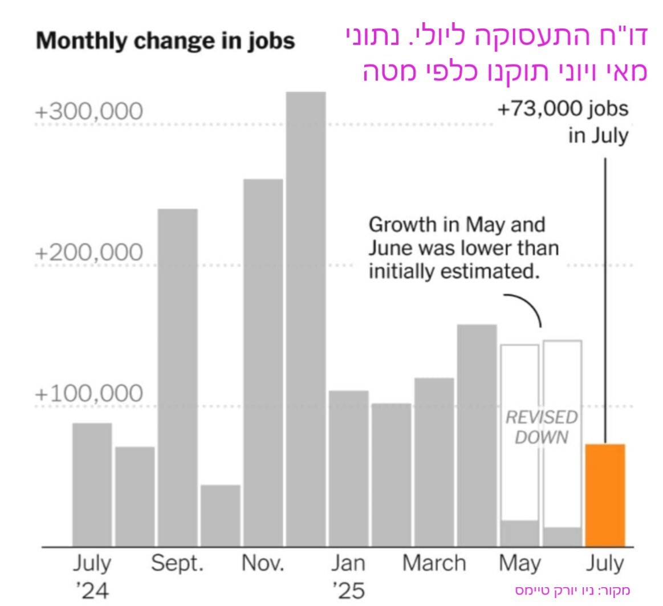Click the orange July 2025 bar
pyautogui.click(x=605, y=495)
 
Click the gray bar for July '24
pyautogui.click(x=92, y=484)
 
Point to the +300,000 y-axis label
pyautogui.click(x=88, y=112)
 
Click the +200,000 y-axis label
pyautogui.click(x=88, y=252)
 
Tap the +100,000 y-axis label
pyautogui.click(x=88, y=393)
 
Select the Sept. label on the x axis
pyautogui.click(x=177, y=564)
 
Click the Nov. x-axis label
pyautogui.click(x=263, y=564)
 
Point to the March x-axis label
pyautogui.click(x=434, y=564)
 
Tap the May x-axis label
pyautogui.click(x=520, y=564)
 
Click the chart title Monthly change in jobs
pyautogui.click(x=166, y=42)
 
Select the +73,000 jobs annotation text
pyautogui.click(x=563, y=109)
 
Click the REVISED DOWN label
pyautogui.click(x=541, y=427)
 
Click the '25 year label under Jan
pyautogui.click(x=348, y=589)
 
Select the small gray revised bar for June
pyautogui.click(x=562, y=536)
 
